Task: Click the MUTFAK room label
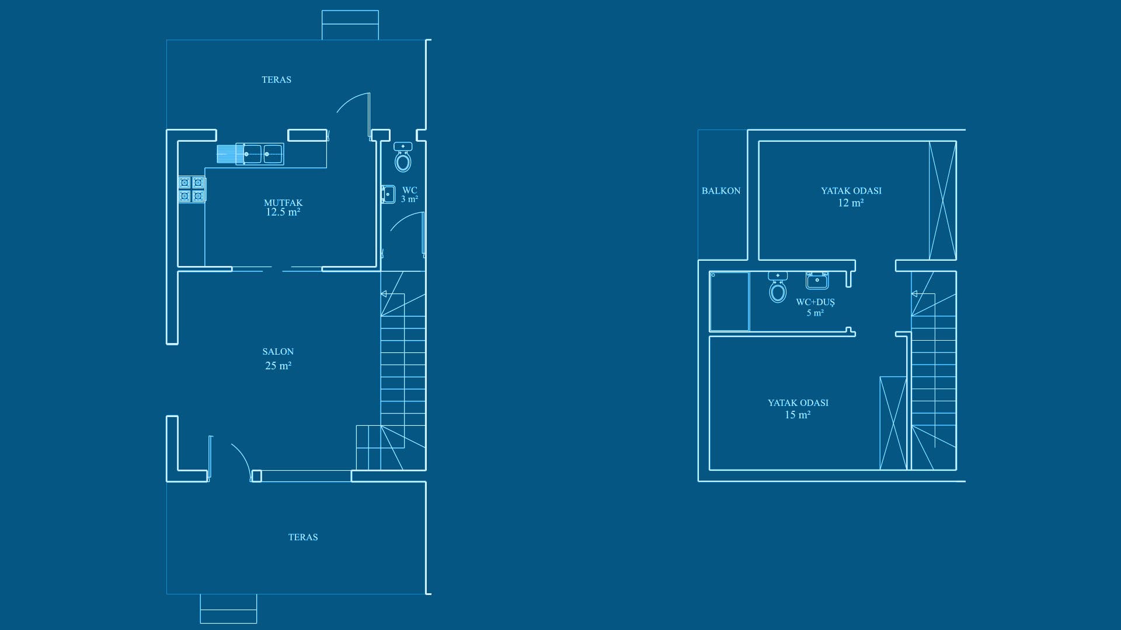[283, 203]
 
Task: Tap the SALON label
[278, 352]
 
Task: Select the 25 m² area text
[278, 366]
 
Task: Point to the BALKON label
[721, 191]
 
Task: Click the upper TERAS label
[276, 79]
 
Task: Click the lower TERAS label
[303, 537]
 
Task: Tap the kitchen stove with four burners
[192, 190]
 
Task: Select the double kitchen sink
[260, 154]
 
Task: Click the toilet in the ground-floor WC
[403, 157]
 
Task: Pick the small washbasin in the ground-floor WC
[388, 194]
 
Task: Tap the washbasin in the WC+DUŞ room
[817, 281]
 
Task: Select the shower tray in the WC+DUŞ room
[729, 302]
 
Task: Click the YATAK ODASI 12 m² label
[851, 197]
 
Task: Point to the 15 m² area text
[798, 415]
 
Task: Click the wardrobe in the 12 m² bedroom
[942, 201]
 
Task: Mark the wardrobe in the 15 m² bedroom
[893, 423]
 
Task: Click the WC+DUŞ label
[816, 302]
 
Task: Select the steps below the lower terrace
[228, 609]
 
